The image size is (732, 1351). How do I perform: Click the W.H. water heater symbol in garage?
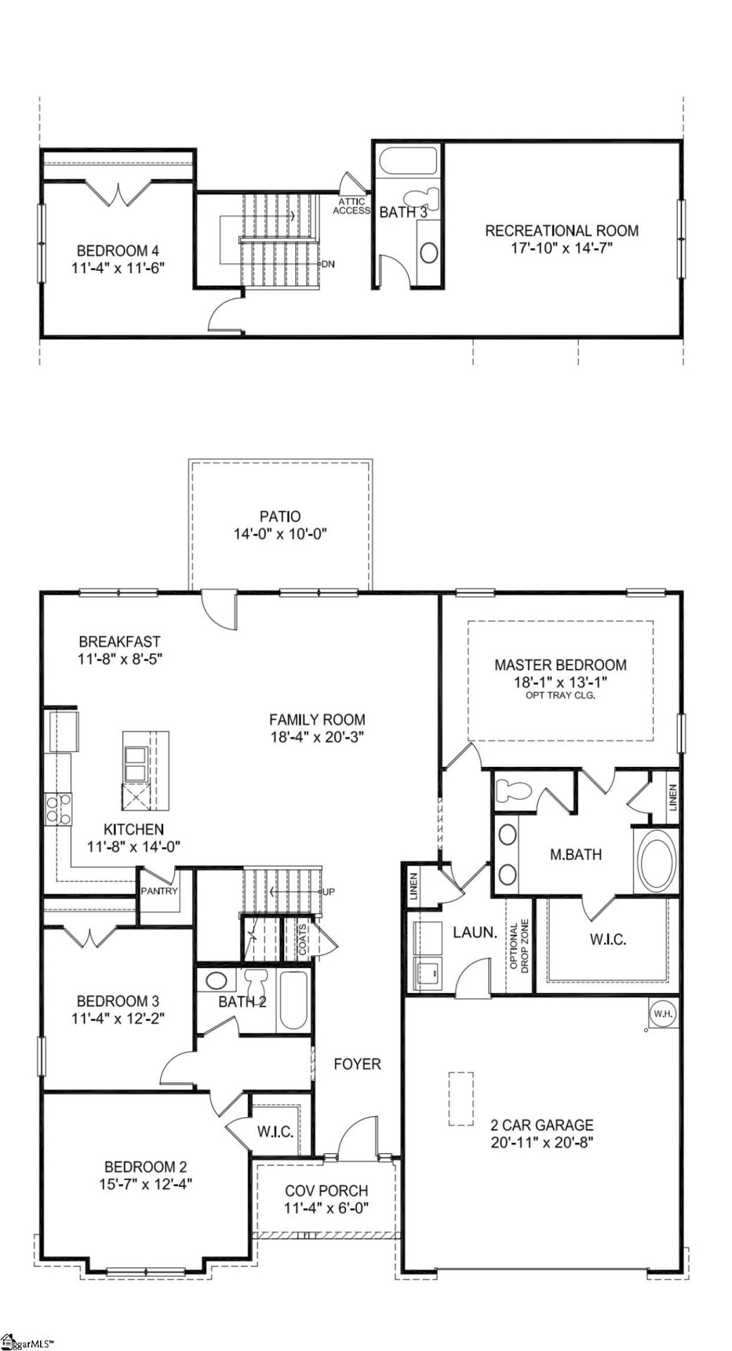pos(661,1014)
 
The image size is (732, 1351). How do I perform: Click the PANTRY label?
pos(160,891)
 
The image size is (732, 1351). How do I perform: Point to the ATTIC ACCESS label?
pos(351,206)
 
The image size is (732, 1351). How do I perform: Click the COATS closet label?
pos(302,939)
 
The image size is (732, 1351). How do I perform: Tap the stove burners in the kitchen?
pos(56,808)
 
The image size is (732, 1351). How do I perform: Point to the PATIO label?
pos(280,516)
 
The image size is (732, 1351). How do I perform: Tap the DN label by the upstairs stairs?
pos(327,264)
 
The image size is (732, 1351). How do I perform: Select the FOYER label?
pos(357,1065)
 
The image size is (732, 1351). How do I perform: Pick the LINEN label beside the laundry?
pos(414,888)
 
